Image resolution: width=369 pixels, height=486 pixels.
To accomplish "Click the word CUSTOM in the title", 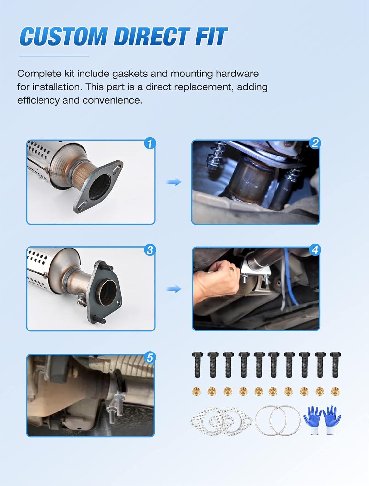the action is [64, 36].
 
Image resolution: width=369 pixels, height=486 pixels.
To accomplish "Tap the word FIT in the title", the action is [211, 36].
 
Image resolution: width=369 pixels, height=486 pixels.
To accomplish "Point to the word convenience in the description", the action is [112, 101].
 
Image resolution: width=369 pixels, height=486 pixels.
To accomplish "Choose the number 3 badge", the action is [150, 250].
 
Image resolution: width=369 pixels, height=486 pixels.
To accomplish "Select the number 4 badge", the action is [315, 250].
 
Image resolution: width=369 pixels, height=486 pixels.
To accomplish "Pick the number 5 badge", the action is [150, 358].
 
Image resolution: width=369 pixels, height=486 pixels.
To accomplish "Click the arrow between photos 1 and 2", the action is [174, 182].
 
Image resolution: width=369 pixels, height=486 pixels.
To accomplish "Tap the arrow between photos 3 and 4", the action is [174, 289].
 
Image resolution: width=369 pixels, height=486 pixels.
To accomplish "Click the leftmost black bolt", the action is [197, 365].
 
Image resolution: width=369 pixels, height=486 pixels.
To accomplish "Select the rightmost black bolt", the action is [335, 365].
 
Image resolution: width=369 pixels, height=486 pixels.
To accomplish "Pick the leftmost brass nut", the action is [196, 391].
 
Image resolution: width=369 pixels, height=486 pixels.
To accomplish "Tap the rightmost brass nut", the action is [335, 391].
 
